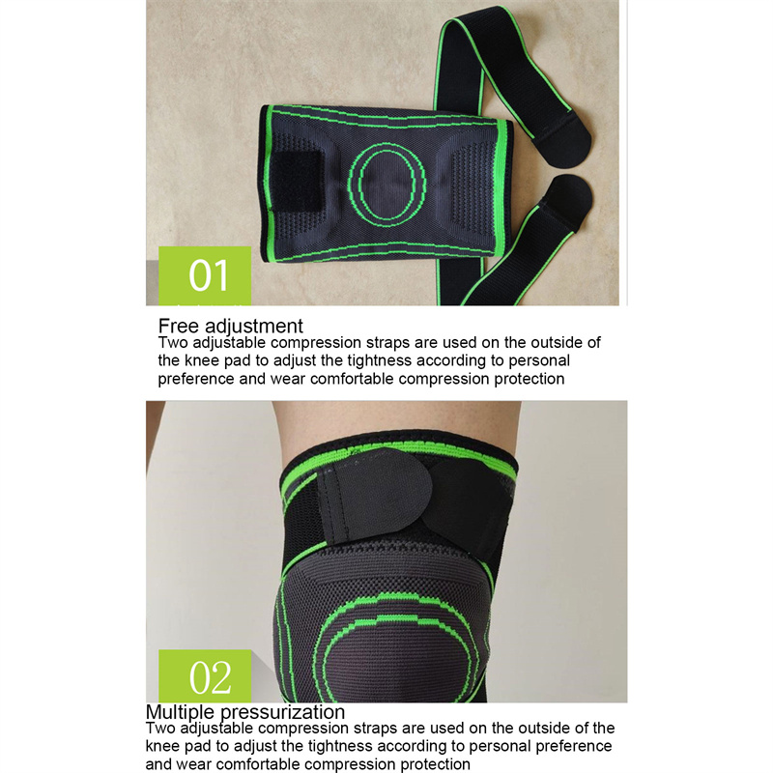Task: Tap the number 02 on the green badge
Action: click(x=210, y=677)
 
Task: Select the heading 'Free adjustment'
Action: click(x=230, y=327)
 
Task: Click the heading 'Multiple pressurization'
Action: click(x=245, y=712)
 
